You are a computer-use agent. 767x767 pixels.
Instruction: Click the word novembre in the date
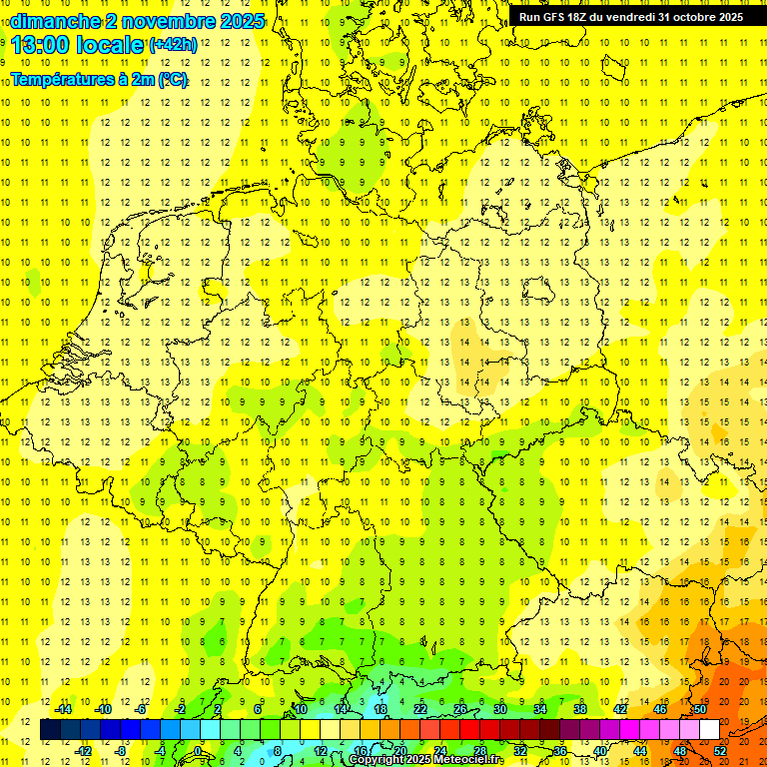(166, 21)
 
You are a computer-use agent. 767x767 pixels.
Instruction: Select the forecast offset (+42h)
(172, 45)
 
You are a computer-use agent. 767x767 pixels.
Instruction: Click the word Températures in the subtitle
(60, 79)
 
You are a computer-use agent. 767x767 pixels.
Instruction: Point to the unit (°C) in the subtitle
(172, 79)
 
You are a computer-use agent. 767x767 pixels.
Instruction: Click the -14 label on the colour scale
(63, 710)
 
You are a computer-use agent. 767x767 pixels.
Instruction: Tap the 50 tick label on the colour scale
(699, 710)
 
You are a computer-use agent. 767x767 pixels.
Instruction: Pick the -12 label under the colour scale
(83, 751)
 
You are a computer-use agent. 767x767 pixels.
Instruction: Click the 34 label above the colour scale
(539, 710)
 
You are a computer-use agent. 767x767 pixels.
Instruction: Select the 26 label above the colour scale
(459, 710)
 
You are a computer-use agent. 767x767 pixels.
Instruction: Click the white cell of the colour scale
(709, 730)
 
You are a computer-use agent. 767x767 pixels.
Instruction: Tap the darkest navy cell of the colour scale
(50, 730)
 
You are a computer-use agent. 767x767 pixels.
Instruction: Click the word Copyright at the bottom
(379, 760)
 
